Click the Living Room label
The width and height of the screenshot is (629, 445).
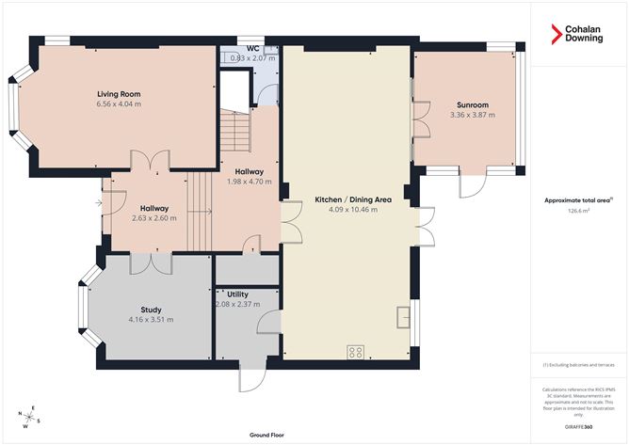[119, 93]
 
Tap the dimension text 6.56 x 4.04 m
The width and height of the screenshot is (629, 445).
[119, 104]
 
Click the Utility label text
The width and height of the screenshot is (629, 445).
[237, 294]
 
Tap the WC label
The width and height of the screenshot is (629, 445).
[252, 48]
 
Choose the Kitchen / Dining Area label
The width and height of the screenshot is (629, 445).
[346, 199]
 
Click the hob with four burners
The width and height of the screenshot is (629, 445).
[356, 352]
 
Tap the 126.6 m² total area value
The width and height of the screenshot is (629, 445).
[578, 212]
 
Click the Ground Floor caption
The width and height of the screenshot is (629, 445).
[267, 436]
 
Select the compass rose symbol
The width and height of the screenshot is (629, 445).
[30, 415]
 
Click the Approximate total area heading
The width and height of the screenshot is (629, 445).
[578, 199]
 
